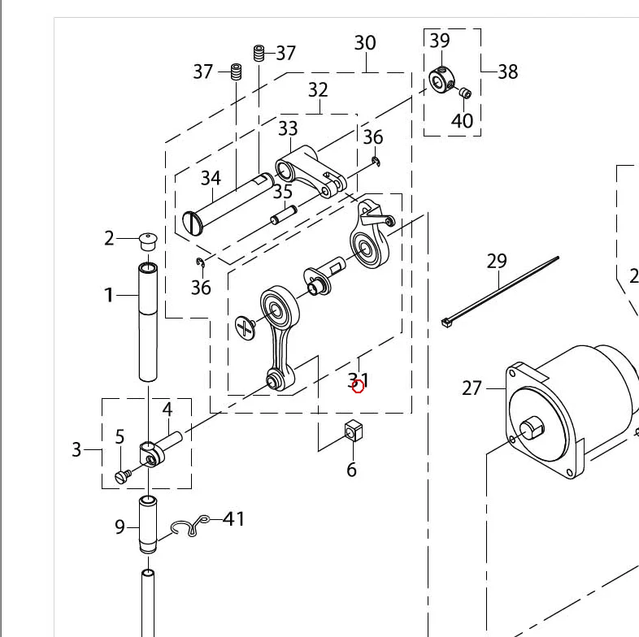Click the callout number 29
point(497,261)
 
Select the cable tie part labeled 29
point(501,290)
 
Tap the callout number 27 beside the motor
point(472,388)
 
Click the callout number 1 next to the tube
point(109,295)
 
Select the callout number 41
point(234,518)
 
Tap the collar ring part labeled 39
point(440,80)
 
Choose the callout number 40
point(462,121)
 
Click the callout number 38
point(508,71)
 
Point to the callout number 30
point(365,42)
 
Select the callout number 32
point(318,89)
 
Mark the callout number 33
point(288,128)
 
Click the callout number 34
point(211,177)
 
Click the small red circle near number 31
point(359,386)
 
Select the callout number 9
point(120,527)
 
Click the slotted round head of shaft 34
point(193,223)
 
